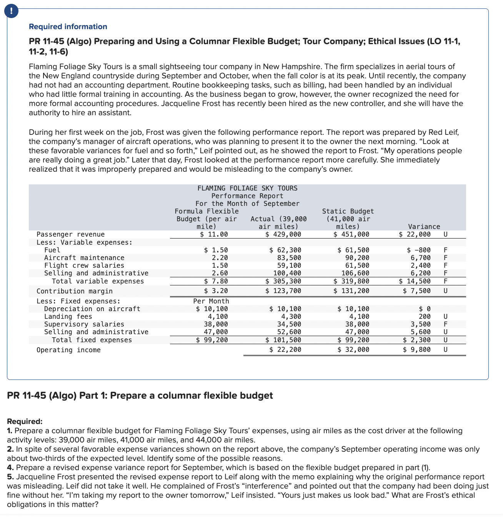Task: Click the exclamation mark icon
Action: pos(12,11)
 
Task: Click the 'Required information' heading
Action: pos(68,27)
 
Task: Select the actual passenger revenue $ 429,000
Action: pos(283,234)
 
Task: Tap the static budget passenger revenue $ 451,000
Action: pos(351,234)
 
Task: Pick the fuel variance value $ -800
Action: pos(419,250)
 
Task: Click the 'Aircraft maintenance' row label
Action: pos(84,258)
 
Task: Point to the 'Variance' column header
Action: pos(424,227)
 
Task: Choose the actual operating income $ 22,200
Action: pos(285,350)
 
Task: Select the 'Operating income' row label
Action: pos(68,350)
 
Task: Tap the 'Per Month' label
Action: pos(211,301)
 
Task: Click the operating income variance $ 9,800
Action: pos(417,350)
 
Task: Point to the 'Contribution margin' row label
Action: pos(75,291)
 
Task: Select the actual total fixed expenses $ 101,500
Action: pos(283,340)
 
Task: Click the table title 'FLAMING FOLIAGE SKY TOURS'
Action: pos(247,188)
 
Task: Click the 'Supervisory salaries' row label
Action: pos(84,324)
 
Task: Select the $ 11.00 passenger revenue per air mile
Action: pos(214,234)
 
